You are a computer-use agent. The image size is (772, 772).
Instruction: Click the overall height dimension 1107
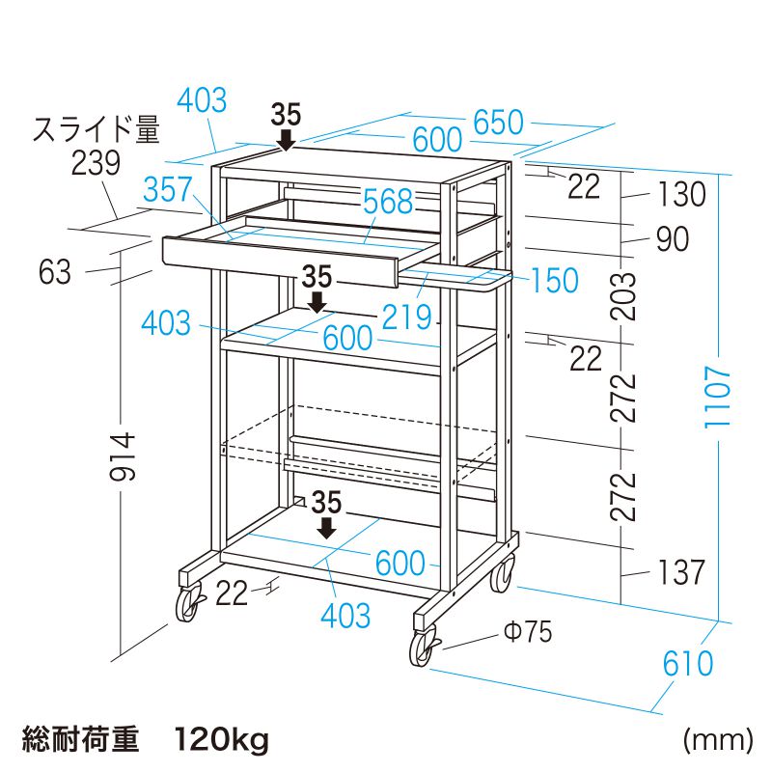click(717, 397)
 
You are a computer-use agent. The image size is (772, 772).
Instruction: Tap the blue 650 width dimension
click(498, 123)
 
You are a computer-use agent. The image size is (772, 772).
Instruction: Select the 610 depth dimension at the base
click(688, 663)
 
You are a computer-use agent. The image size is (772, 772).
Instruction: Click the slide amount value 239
click(96, 163)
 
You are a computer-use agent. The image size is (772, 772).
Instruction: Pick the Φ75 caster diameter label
click(528, 631)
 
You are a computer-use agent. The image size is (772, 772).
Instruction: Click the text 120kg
click(222, 739)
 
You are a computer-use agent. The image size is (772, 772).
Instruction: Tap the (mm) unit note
click(718, 739)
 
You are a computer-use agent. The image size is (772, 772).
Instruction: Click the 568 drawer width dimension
click(388, 202)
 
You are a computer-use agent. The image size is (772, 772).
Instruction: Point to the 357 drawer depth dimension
click(167, 189)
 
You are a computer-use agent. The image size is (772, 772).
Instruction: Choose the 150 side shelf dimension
click(554, 280)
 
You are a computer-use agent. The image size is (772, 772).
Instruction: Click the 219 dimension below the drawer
click(406, 317)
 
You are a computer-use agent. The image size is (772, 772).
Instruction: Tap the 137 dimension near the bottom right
click(681, 572)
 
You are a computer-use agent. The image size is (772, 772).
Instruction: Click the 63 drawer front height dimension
click(55, 272)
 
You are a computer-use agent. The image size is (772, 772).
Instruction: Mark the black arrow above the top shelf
click(286, 140)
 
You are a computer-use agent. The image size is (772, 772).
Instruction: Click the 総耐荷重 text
click(81, 739)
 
